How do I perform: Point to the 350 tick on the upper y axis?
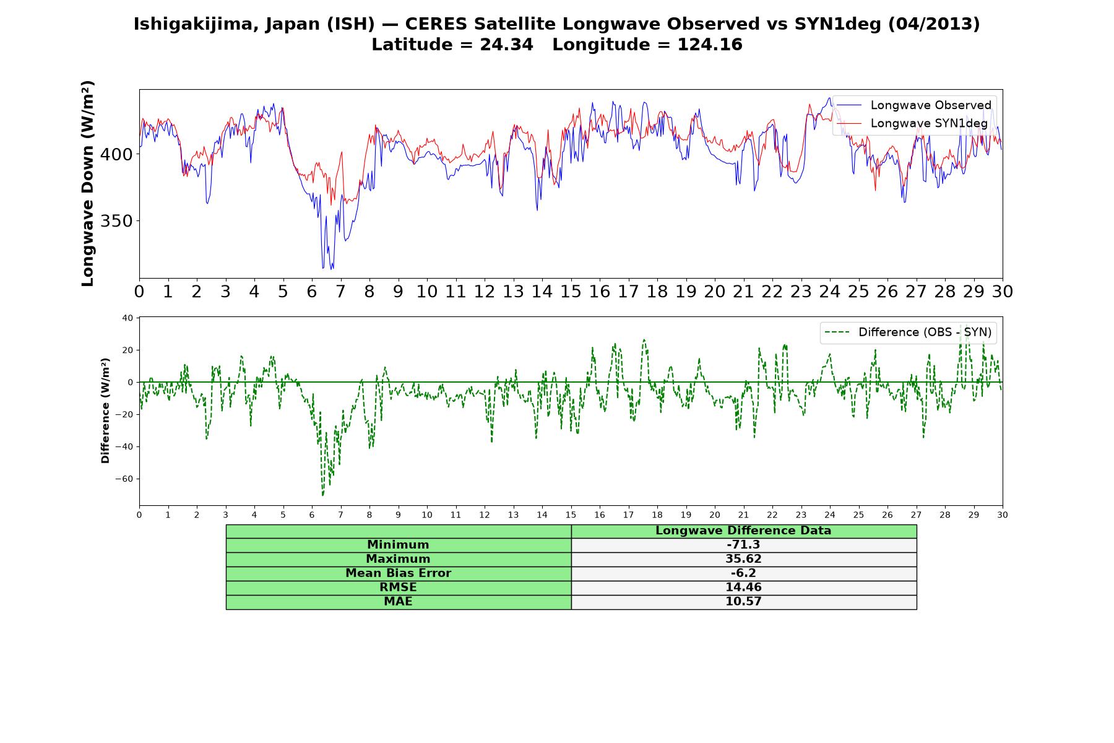[116, 221]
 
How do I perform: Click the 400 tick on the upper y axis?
[116, 154]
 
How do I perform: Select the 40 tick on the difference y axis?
[127, 318]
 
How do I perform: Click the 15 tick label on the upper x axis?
[571, 292]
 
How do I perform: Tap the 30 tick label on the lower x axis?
[1003, 515]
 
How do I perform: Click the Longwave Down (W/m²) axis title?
[88, 183]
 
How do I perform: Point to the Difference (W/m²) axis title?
[106, 411]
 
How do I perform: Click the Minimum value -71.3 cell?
[743, 545]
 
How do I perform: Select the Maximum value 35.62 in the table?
[743, 559]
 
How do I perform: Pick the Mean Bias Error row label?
[398, 573]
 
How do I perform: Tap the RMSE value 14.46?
[743, 588]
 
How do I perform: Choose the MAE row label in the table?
[398, 602]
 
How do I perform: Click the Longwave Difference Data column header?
[743, 531]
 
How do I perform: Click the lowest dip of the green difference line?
[322, 495]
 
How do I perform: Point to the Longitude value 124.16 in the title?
[710, 45]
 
